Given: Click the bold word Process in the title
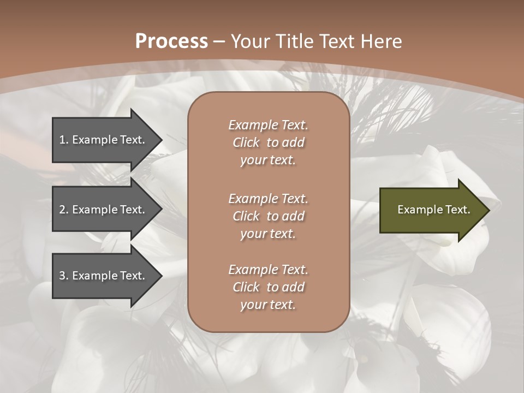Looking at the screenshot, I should coord(171,41).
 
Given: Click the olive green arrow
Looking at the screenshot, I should coord(431,210).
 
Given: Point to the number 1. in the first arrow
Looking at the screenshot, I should coord(64,140).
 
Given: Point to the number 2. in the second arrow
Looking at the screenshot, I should coord(64,210).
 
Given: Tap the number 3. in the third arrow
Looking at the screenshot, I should coord(64,276).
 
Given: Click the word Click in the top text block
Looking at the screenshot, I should coord(246,142).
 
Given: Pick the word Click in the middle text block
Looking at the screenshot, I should coord(246,216).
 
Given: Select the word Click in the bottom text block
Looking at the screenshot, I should coord(246,287).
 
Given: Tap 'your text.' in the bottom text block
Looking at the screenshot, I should coord(268,305).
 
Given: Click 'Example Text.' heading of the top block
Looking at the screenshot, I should coord(268,125).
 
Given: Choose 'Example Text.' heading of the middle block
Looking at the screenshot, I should coord(268,199).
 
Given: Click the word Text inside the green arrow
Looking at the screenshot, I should coord(457,210).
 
